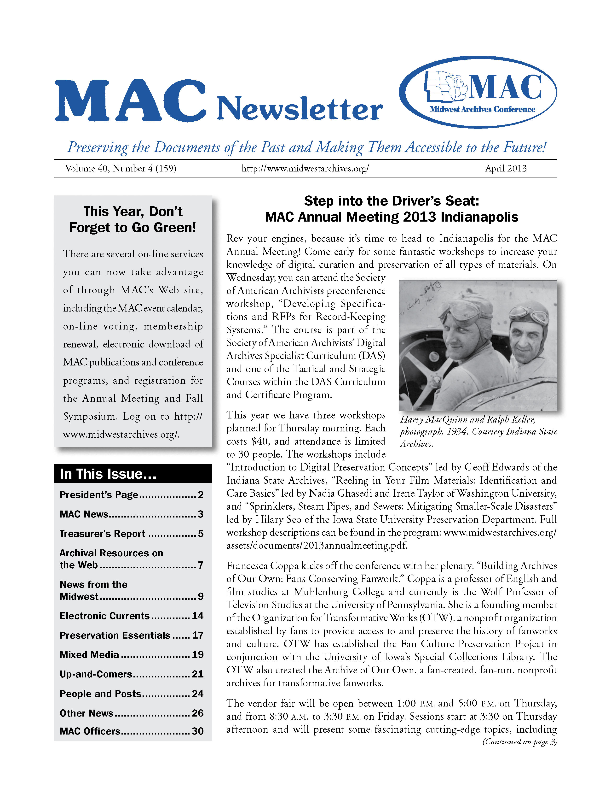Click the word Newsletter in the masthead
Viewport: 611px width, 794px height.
click(300, 108)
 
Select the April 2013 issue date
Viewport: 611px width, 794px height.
click(505, 168)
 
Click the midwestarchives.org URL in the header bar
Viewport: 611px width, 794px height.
click(305, 168)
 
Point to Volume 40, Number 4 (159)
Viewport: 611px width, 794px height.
click(121, 168)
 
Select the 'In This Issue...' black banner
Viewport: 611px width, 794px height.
click(133, 474)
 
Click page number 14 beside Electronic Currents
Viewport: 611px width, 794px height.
click(198, 616)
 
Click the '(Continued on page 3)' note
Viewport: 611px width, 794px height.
click(519, 742)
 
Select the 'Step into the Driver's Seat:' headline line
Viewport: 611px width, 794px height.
click(391, 201)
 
